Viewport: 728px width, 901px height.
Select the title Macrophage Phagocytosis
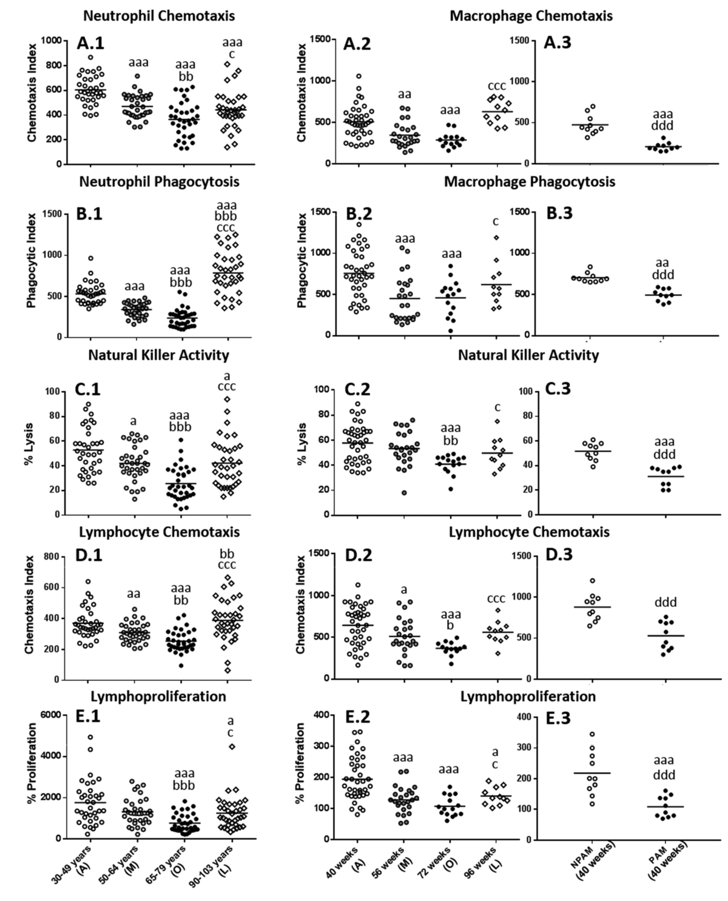point(530,181)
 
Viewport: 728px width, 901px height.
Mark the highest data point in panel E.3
point(592,734)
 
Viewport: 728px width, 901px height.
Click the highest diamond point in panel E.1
point(231,746)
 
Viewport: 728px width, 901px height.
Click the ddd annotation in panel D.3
point(666,602)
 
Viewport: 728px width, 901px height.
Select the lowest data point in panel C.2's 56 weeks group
point(403,492)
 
